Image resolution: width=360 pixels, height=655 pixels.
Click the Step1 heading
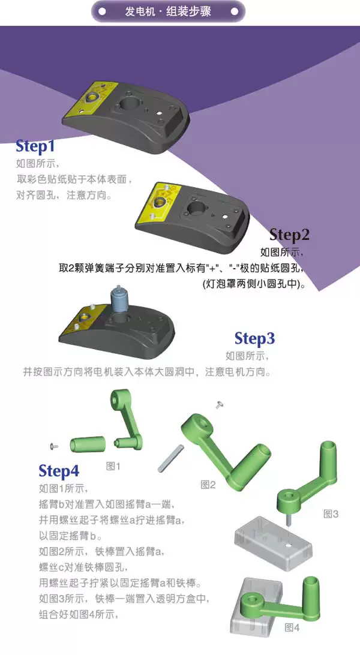[35, 146]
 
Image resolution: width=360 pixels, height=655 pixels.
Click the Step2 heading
[289, 235]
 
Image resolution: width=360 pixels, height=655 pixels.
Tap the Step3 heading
[255, 338]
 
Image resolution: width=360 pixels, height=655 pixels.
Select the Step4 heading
[59, 471]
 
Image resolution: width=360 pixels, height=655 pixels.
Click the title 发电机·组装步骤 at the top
[168, 11]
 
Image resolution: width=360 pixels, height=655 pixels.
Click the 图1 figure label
[113, 466]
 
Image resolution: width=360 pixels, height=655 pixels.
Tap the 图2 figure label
[208, 485]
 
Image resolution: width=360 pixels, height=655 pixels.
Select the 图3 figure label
[331, 514]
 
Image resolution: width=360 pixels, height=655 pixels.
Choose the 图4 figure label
[292, 627]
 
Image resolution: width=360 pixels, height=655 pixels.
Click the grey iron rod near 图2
[171, 458]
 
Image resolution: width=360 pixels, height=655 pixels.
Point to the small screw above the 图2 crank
[218, 404]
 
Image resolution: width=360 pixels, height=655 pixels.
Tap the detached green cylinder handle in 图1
[87, 444]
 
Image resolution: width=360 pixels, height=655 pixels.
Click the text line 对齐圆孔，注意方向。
[64, 195]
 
